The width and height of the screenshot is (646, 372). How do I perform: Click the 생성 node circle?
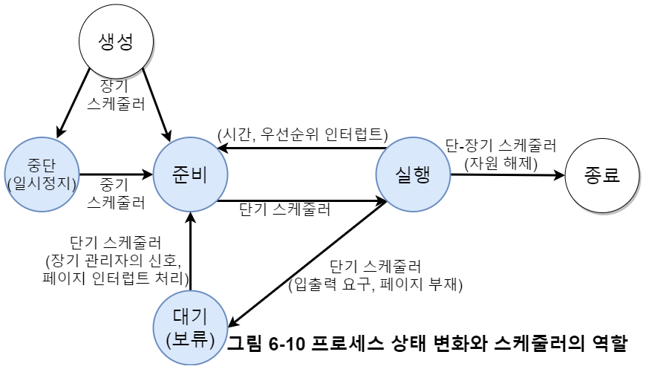point(116,42)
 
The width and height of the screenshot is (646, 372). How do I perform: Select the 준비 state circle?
point(190,175)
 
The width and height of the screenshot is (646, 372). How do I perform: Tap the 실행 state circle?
point(414,175)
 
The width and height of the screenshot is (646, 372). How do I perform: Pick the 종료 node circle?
point(602,176)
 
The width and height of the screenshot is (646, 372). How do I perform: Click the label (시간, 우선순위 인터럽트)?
point(303,134)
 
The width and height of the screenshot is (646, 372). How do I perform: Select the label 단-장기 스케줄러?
point(500,145)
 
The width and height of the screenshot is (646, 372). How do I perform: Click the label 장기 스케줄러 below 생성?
point(116,94)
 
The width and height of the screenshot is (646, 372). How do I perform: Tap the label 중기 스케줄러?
point(116,192)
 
